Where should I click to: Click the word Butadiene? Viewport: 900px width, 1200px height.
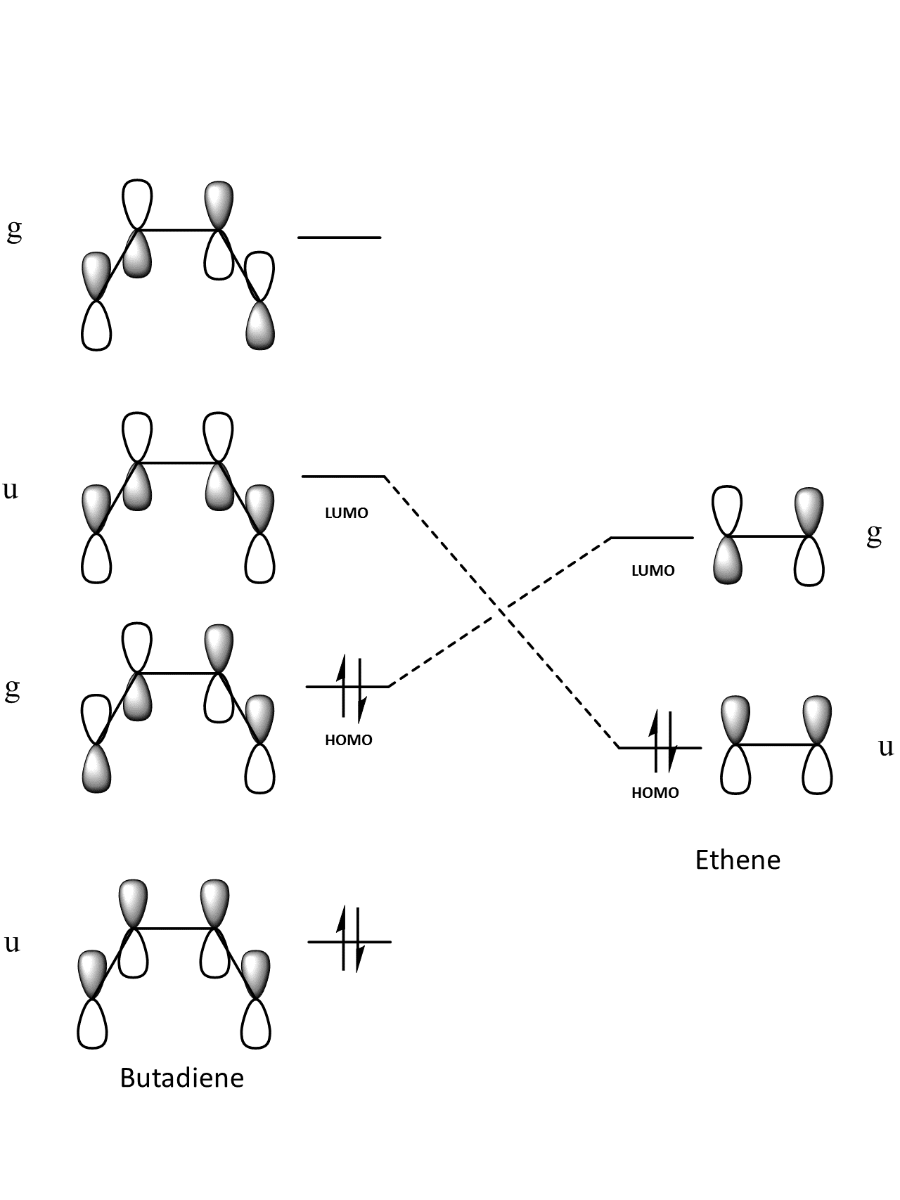tap(181, 1078)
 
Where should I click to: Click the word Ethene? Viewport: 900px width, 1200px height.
tap(738, 860)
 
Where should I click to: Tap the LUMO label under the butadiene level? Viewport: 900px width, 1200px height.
tap(347, 513)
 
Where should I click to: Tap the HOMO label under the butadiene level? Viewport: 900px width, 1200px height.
tap(349, 740)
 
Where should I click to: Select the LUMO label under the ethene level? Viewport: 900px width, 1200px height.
tap(653, 571)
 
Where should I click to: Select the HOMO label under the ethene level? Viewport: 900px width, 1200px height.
tap(655, 793)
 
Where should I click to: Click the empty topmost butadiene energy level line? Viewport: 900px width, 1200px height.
tap(340, 238)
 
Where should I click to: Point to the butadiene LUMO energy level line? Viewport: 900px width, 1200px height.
tap(343, 477)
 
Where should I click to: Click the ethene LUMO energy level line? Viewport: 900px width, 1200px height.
tap(652, 538)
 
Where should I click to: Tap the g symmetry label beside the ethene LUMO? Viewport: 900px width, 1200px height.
tap(874, 536)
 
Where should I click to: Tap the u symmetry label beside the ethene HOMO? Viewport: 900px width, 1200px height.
tap(886, 747)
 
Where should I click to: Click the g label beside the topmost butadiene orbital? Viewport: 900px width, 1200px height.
tap(14, 230)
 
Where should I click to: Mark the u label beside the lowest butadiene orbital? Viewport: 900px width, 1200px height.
tap(11, 943)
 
